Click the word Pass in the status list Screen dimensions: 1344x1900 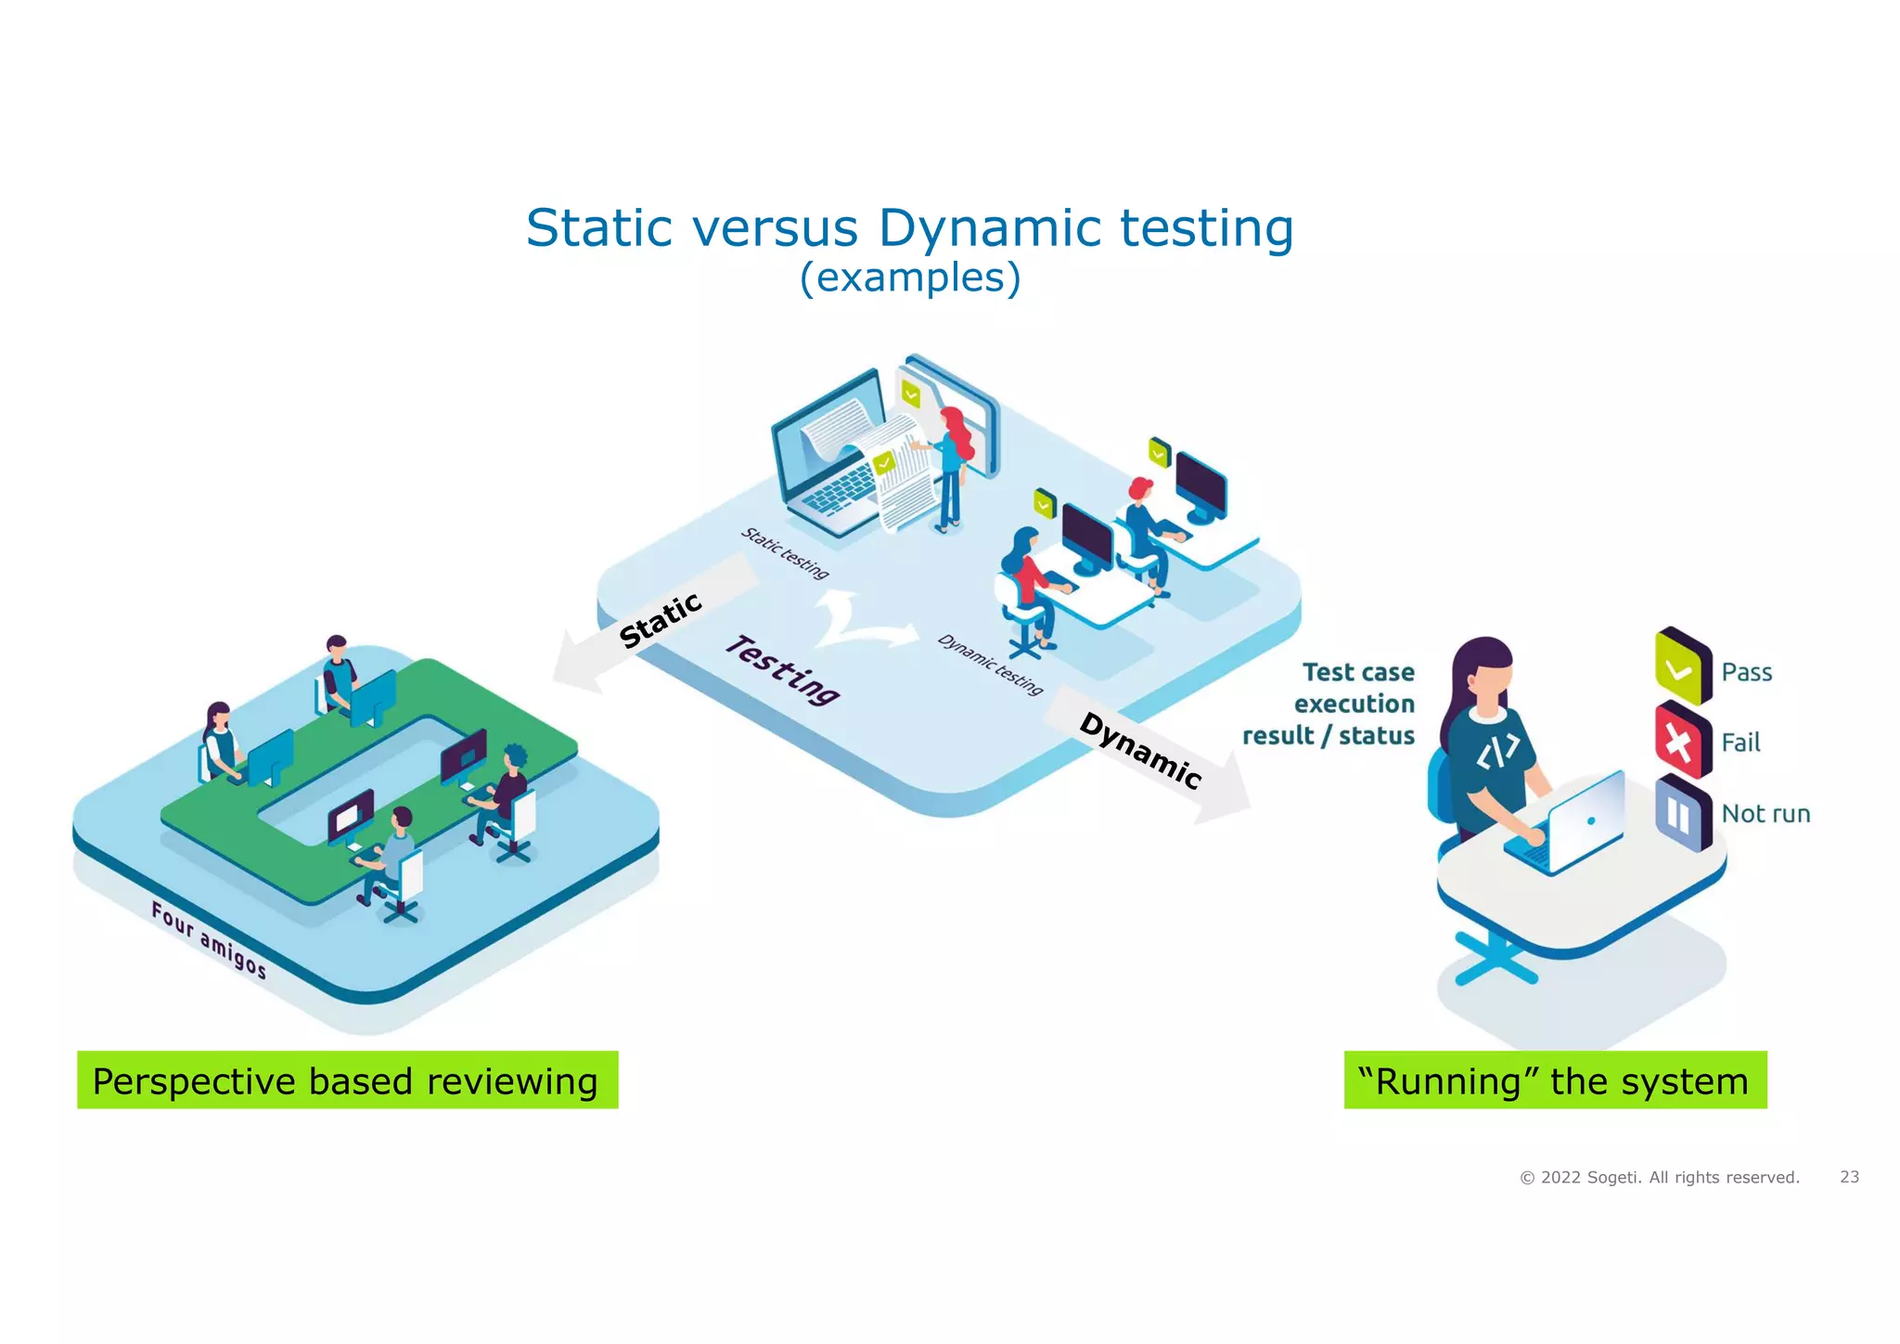click(1746, 672)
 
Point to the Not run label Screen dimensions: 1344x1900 click(1765, 814)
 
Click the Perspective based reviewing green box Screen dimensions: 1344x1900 click(347, 1080)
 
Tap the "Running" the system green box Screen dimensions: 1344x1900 click(1555, 1080)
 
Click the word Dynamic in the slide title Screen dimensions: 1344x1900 click(989, 228)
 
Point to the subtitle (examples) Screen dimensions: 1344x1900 click(909, 278)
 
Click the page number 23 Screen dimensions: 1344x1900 click(1849, 1177)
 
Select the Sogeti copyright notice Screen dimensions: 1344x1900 click(1659, 1178)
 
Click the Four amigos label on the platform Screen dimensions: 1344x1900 click(209, 939)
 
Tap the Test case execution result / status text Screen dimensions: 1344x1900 click(1329, 704)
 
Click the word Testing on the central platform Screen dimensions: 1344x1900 click(782, 669)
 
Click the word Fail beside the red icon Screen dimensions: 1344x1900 click(1740, 743)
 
